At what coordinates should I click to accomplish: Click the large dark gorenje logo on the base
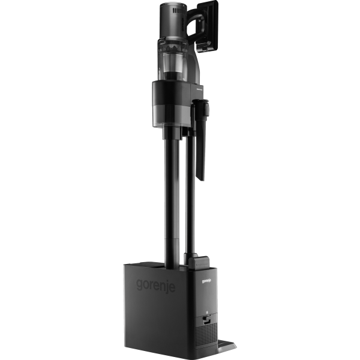tap(155, 286)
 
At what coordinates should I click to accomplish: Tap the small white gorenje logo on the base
tap(206, 281)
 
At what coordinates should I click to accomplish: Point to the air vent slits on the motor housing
tap(179, 11)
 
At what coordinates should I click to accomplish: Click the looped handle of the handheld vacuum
tap(196, 25)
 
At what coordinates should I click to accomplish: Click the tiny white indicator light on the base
tap(206, 312)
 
